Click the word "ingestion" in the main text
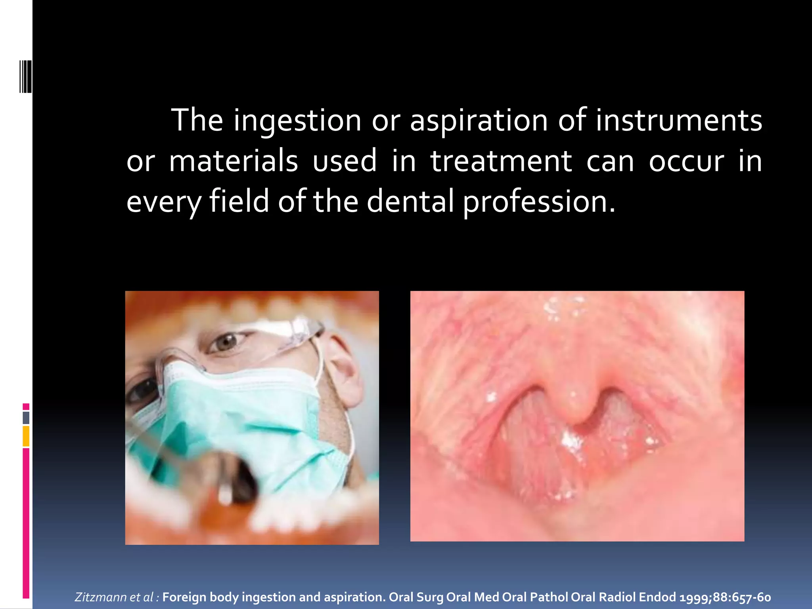pyautogui.click(x=297, y=121)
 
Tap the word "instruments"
pyautogui.click(x=679, y=121)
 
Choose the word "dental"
pyautogui.click(x=410, y=201)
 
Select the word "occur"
pyautogui.click(x=686, y=162)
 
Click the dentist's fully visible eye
pyautogui.click(x=228, y=342)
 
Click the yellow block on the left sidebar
pyautogui.click(x=26, y=436)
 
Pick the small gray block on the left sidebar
pyautogui.click(x=26, y=418)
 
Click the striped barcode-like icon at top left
pyautogui.click(x=25, y=77)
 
